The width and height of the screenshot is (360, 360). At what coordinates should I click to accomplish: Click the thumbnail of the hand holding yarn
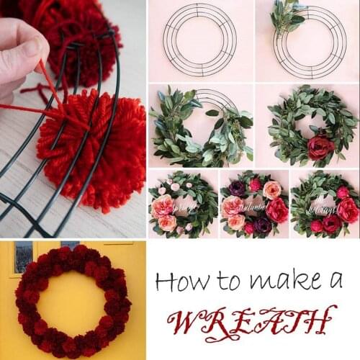pos(72,119)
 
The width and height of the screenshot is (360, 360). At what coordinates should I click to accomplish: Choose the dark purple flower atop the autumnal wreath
pos(237,188)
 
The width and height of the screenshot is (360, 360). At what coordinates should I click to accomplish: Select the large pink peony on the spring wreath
pos(163,206)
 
